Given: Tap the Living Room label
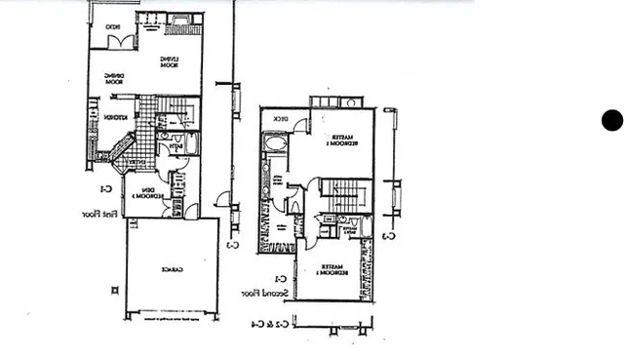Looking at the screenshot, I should tap(169, 62).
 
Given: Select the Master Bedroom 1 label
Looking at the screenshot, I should tap(340, 140).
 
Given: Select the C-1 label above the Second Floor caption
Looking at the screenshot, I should tap(278, 278).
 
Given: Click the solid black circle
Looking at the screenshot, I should tap(611, 120).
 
